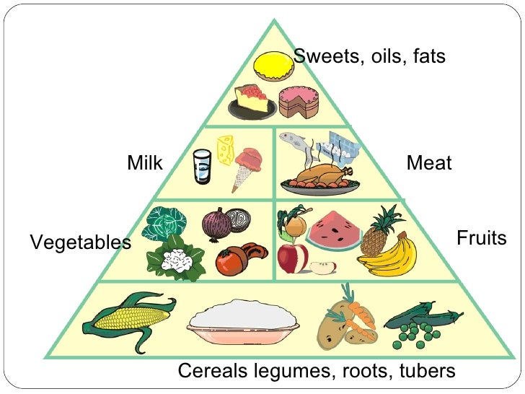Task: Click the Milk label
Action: click(145, 163)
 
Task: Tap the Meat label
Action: click(429, 163)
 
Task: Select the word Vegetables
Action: click(80, 243)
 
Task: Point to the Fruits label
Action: click(482, 237)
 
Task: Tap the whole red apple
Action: click(291, 258)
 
